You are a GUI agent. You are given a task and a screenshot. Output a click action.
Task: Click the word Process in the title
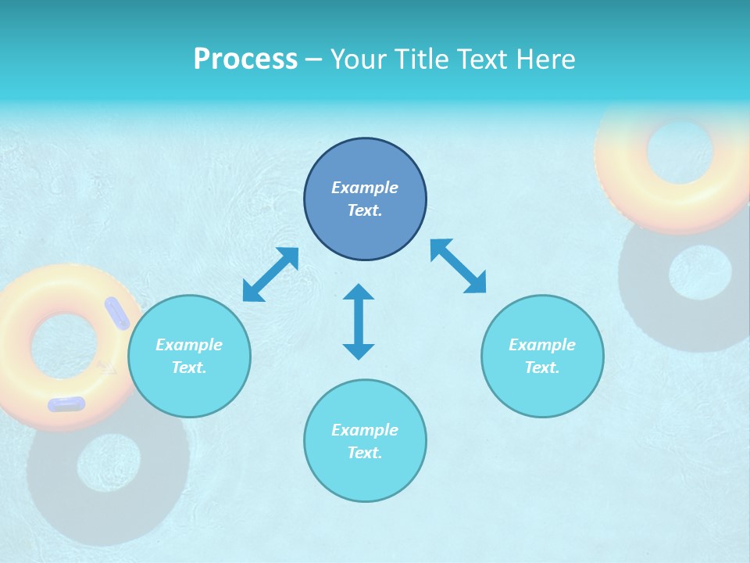tap(245, 59)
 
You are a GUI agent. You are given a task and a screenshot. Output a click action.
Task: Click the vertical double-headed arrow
tap(359, 321)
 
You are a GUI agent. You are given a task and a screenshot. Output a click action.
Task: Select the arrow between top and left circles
tap(270, 274)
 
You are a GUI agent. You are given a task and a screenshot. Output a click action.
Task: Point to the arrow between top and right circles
tap(458, 266)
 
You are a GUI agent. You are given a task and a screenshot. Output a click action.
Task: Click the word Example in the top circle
tap(365, 188)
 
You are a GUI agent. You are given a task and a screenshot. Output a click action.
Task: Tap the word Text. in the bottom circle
tap(365, 453)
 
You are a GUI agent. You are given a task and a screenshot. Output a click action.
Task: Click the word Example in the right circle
tap(542, 345)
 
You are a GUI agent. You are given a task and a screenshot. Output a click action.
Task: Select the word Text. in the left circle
tap(189, 368)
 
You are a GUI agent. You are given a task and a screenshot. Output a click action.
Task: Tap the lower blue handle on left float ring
tap(66, 403)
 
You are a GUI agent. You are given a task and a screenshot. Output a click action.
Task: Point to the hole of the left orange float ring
tap(65, 345)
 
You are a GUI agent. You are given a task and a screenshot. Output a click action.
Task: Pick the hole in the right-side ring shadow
tap(700, 273)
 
